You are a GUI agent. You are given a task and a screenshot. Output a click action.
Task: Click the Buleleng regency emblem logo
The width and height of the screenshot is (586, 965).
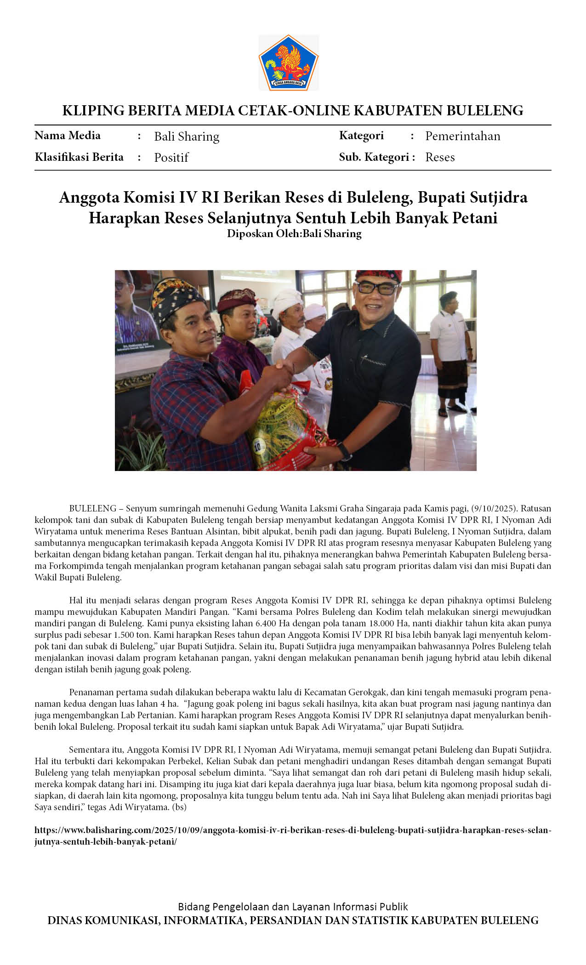(289, 63)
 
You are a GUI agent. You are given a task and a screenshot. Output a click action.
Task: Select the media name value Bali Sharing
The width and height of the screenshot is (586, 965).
(187, 136)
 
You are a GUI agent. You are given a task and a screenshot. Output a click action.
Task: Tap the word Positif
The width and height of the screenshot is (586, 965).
(171, 158)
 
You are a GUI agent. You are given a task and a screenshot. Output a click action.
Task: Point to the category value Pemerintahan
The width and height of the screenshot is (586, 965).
(462, 136)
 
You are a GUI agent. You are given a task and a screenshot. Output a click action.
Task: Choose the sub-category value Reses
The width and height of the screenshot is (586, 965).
(440, 157)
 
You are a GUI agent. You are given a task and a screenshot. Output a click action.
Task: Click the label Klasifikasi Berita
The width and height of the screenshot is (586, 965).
(79, 157)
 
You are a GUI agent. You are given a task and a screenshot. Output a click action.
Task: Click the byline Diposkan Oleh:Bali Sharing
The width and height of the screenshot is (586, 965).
(294, 233)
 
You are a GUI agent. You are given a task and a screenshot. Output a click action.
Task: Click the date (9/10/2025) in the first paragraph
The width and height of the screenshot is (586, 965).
(494, 509)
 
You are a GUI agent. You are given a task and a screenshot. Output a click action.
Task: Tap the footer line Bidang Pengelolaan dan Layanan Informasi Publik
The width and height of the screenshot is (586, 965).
(293, 907)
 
